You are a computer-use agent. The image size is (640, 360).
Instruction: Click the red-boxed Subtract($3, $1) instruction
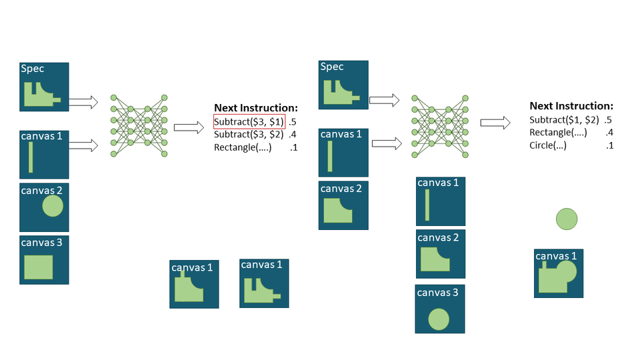[249, 122]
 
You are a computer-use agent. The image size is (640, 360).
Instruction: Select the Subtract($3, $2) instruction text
[249, 135]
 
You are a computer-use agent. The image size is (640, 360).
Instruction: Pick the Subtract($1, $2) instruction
[564, 120]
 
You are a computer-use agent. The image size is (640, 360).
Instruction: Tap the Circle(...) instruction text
[547, 145]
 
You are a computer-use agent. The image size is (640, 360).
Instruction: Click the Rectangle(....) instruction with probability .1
[243, 147]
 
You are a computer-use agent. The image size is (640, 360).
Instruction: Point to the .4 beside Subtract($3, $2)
[293, 135]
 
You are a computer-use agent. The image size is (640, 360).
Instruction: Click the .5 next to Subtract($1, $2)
[607, 120]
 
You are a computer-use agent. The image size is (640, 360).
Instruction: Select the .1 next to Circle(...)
[607, 145]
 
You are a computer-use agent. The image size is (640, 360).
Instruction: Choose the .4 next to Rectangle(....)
[607, 133]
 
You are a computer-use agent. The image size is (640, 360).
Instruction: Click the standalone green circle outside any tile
[566, 219]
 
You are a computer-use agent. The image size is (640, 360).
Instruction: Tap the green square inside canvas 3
[38, 267]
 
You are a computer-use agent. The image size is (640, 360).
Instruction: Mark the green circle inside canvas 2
[53, 206]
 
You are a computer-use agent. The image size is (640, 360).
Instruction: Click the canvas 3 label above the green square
[41, 243]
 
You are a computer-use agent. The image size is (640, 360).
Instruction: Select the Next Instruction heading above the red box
[255, 107]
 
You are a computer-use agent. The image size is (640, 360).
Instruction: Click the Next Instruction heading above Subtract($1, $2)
[571, 105]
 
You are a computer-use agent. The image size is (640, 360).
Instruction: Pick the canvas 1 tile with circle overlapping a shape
[558, 273]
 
